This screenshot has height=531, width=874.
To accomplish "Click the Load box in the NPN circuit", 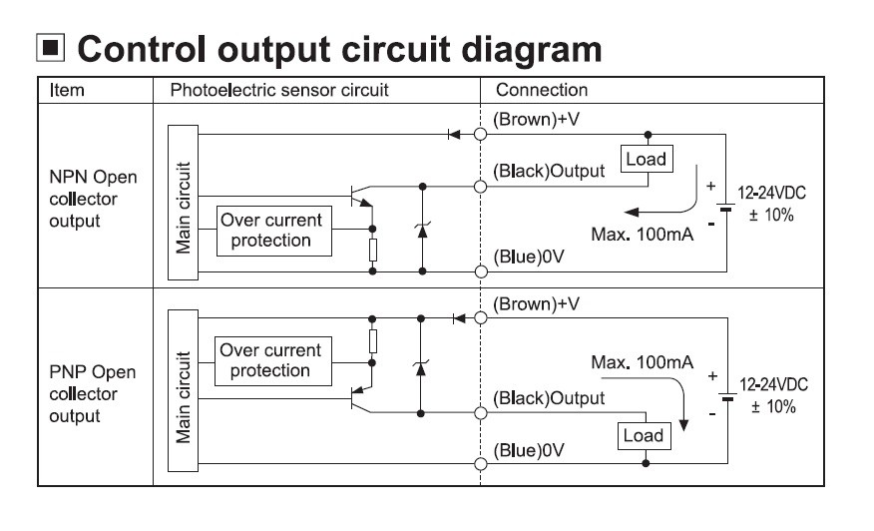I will point(645,159).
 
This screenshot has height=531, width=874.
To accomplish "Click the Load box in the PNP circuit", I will point(643,435).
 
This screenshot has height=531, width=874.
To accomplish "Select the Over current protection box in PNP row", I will point(264,360).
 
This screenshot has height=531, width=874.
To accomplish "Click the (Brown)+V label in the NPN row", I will point(537,119).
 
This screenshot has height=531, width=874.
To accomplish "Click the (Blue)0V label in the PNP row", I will point(528,450).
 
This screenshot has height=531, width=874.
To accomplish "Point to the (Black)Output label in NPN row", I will point(549,171).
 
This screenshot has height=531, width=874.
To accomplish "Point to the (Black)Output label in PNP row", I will point(549,397).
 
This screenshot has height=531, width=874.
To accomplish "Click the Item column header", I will point(67,90).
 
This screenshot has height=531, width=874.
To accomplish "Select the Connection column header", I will point(542,90).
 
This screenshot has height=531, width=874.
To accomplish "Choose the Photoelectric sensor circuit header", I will point(278,90).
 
